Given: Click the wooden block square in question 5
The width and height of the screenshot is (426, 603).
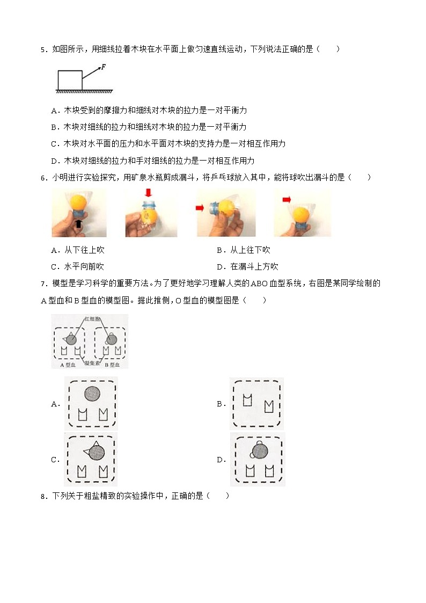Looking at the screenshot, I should (70, 79).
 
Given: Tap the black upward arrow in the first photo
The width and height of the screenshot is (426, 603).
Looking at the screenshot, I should (79, 223).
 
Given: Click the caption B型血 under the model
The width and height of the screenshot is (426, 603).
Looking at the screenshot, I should (113, 365).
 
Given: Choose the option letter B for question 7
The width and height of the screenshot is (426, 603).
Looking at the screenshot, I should (220, 404).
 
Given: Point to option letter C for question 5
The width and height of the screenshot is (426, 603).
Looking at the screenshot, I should (54, 144).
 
